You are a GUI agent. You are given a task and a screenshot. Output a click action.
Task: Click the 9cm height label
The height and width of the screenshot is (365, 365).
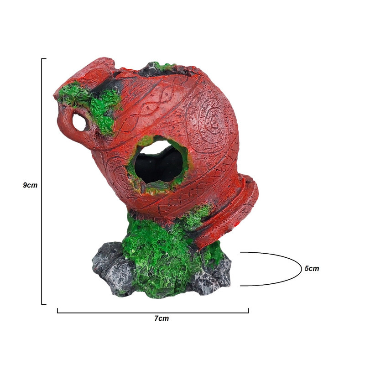pyautogui.click(x=30, y=185)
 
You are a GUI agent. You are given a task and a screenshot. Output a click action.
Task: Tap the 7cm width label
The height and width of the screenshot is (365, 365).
pyautogui.click(x=162, y=318)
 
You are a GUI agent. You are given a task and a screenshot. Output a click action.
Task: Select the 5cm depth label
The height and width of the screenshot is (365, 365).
pyautogui.click(x=312, y=268)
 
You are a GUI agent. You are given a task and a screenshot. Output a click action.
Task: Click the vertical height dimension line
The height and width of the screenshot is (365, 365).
pyautogui.click(x=42, y=181)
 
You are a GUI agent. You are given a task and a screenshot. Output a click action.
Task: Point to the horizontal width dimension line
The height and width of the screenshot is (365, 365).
pyautogui.click(x=153, y=313)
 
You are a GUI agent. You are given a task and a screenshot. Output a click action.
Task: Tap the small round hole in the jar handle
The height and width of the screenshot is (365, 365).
pyautogui.click(x=79, y=123)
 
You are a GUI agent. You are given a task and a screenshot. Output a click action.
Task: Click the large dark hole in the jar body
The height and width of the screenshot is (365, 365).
pyautogui.click(x=159, y=164)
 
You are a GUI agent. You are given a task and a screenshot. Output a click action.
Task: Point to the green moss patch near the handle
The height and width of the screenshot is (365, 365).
pyautogui.click(x=93, y=105)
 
